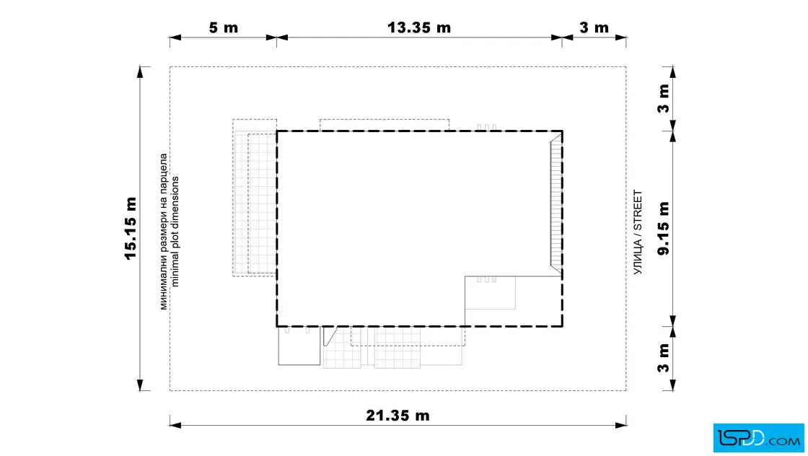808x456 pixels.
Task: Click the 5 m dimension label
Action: coord(224,27)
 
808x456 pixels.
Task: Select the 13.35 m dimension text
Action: coord(419,27)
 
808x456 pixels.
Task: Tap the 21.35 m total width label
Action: coord(398,416)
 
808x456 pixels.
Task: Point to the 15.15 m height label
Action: coord(131,228)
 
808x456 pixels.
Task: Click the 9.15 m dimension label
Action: coord(664,228)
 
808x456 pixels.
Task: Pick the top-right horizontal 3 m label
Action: coord(594,27)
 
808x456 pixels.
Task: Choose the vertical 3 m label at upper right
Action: coord(664,98)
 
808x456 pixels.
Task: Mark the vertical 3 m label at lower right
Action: coord(664,358)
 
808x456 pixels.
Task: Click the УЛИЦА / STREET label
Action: coord(638,232)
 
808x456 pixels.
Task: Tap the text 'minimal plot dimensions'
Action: coord(175,232)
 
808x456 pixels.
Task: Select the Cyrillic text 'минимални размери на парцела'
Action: coord(164,232)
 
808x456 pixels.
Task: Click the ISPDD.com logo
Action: coord(758,438)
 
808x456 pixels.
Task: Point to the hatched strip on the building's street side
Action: coord(556,203)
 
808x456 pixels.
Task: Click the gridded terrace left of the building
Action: coord(255,198)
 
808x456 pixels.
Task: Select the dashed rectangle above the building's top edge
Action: coord(385,126)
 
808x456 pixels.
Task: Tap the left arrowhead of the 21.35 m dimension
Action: coord(176,425)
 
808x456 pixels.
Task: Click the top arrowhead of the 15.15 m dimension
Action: coord(140,73)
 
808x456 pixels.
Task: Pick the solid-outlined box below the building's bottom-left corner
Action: coord(299,346)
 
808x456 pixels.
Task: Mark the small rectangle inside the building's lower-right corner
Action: coord(490,293)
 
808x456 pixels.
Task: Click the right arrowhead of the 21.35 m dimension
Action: coord(620,425)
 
